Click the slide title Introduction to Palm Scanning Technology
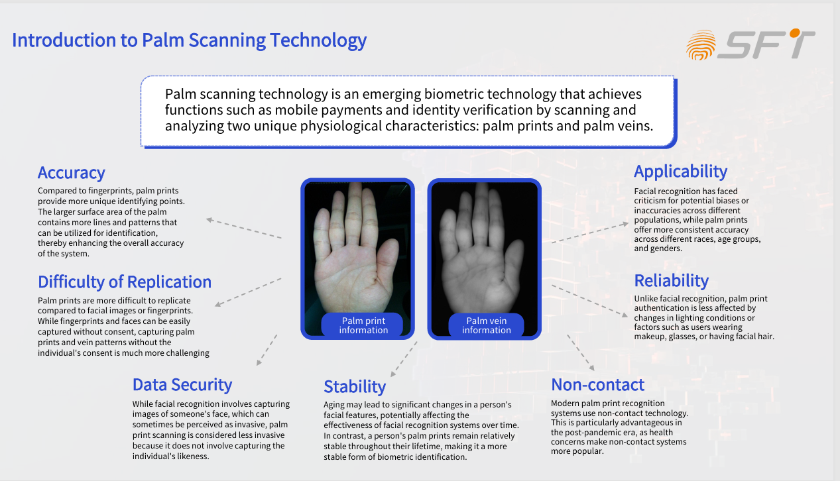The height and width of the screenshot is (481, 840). pos(189,40)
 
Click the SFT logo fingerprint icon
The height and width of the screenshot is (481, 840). pos(701,45)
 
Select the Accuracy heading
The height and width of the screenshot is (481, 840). pos(71,173)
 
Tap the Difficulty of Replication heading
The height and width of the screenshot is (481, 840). pos(125,282)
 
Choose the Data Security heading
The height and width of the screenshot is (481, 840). pos(182,385)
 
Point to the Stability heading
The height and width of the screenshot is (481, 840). pos(354,387)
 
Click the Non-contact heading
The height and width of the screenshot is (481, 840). pos(597,385)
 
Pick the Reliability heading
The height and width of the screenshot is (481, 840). pos(671,281)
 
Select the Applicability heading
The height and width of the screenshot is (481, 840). pos(680,172)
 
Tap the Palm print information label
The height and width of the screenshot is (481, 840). pos(363,325)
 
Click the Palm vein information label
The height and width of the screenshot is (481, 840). pos(486,325)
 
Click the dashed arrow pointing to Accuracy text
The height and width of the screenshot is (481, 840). pos(243,228)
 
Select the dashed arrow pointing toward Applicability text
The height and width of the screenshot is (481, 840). pos(589,233)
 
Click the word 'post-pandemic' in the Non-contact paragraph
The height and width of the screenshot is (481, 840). pos(582,432)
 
